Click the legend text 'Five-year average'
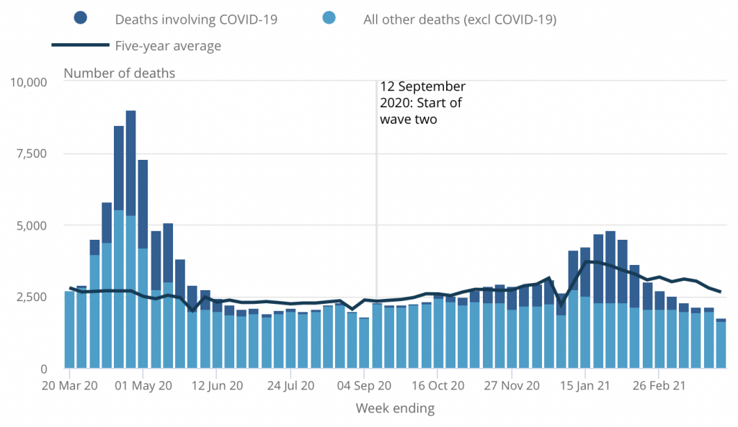pos(168,46)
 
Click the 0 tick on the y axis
pos(43,369)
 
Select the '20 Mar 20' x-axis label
pos(70,386)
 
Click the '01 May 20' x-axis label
pos(144,386)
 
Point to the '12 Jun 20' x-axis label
pos(218,386)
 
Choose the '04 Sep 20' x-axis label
pos(365,386)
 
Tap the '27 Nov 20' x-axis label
pos(512,386)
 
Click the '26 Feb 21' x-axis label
pos(659,386)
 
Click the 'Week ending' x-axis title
pos(395,409)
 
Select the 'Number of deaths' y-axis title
pos(120,73)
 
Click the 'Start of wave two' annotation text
pos(422,104)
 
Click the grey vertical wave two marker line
pos(376,216)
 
